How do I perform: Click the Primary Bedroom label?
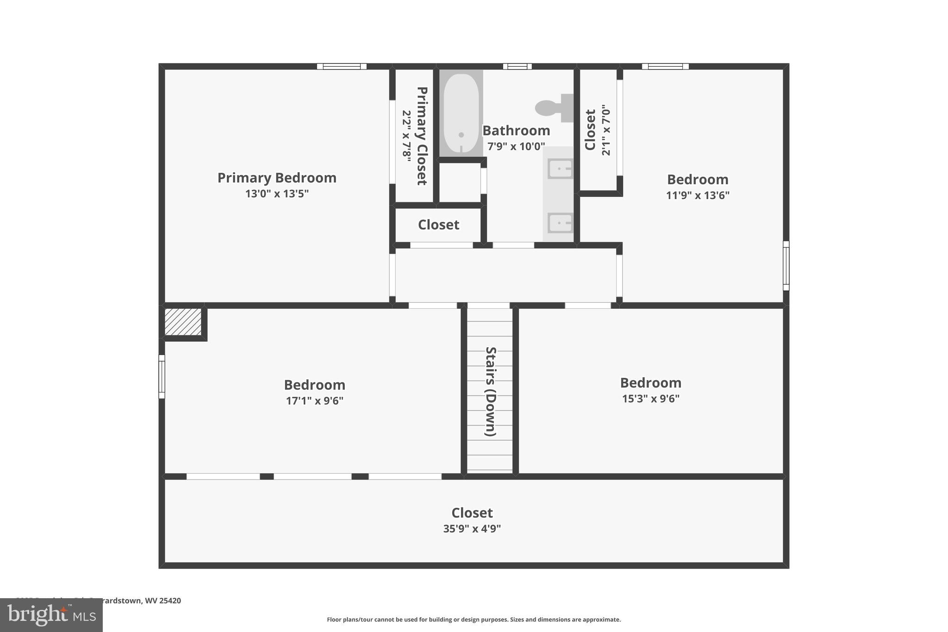(x=277, y=178)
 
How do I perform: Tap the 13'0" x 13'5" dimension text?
(x=277, y=194)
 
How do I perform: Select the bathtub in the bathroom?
(x=461, y=113)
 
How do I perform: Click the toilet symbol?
(x=553, y=108)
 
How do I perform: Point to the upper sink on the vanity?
(x=560, y=169)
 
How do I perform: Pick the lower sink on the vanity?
(x=560, y=223)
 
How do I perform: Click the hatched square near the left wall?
(x=183, y=322)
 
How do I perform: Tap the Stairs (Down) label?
(x=490, y=391)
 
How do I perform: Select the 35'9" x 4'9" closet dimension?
(x=472, y=529)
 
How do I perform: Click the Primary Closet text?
(x=422, y=136)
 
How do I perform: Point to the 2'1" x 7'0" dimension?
(x=606, y=130)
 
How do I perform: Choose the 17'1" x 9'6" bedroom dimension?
(x=314, y=400)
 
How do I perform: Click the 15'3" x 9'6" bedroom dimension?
(x=650, y=399)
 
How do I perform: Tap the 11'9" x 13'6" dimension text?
(x=697, y=195)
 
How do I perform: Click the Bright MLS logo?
(x=51, y=615)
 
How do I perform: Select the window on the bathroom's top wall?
(x=517, y=67)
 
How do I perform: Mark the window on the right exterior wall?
(x=786, y=266)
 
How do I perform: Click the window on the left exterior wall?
(x=162, y=376)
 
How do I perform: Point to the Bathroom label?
(x=516, y=131)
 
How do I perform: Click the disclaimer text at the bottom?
(x=474, y=619)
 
